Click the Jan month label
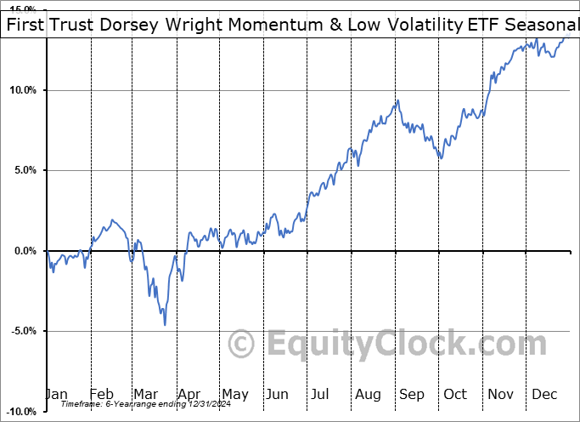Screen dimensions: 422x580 tap(57, 395)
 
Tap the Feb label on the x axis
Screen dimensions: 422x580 tap(101, 395)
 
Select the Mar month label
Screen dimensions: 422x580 tap(144, 395)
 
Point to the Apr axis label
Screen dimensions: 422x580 tap(189, 395)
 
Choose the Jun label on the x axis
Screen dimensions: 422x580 tap(277, 395)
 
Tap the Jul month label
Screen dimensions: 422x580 tap(321, 395)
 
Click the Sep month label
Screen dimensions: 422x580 tap(411, 395)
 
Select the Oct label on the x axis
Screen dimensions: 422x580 tap(455, 395)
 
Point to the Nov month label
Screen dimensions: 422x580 tap(499, 395)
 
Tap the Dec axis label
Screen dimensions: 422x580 tap(543, 395)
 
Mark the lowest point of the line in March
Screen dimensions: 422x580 tap(165, 324)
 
